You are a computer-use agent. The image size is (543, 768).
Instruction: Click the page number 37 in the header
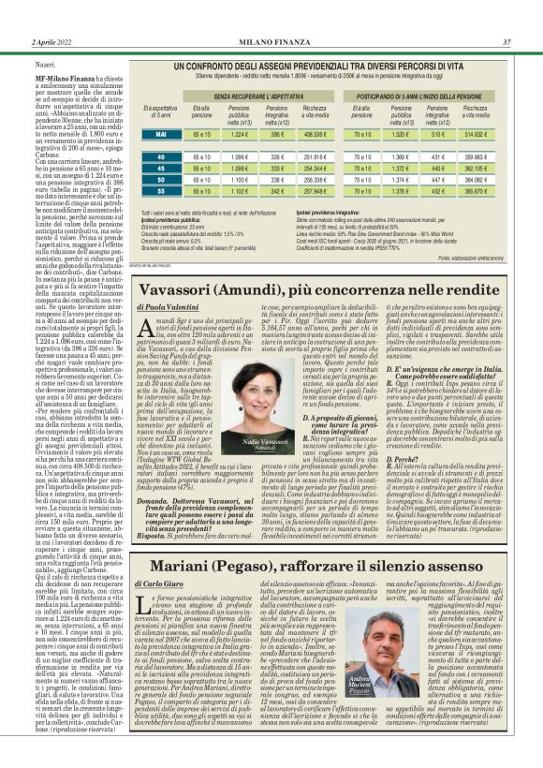[506, 41]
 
